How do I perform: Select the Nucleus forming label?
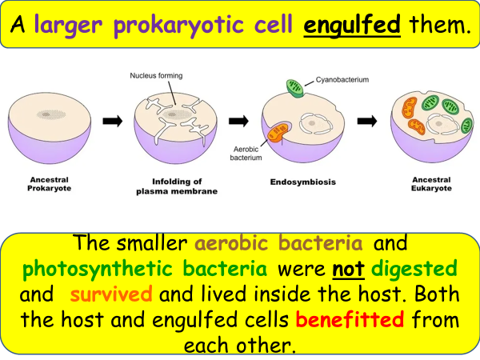156,76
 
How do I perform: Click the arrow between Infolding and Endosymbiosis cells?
238,121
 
